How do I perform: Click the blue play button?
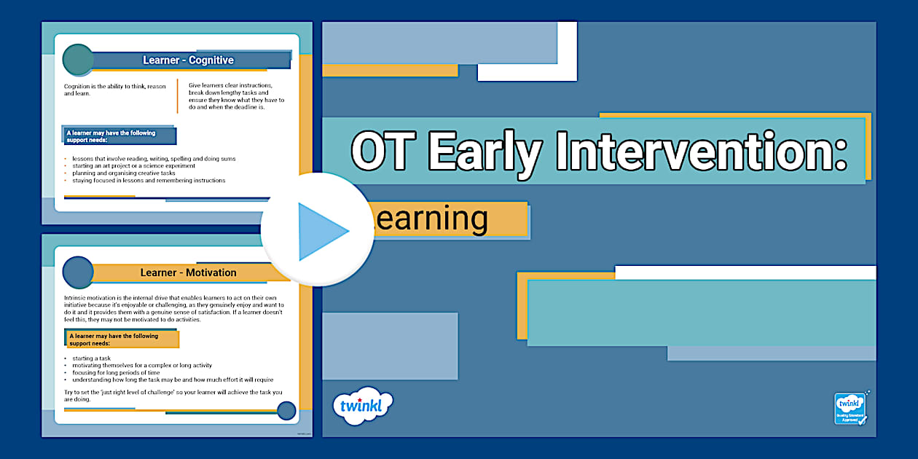pos(318,231)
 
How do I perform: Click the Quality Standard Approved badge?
pos(850,409)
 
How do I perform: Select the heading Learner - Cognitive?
pos(188,60)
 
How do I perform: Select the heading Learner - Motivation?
pos(188,272)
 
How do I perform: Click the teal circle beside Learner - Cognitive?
pos(78,60)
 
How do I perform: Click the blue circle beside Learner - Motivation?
pos(78,272)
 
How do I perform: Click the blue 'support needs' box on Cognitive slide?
pos(120,136)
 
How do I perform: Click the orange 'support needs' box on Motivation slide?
pos(122,339)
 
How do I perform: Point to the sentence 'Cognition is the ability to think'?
pos(114,90)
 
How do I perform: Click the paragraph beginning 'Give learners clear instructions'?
pos(236,96)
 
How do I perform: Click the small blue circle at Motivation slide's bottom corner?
pos(286,411)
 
